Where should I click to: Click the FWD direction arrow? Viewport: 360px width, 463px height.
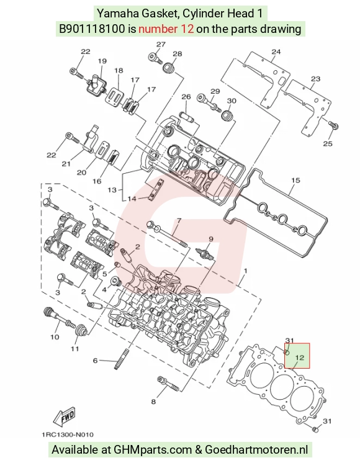(x=64, y=418)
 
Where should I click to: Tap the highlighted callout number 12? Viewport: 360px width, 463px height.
(x=299, y=357)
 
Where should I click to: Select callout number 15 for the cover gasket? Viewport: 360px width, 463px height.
(x=295, y=180)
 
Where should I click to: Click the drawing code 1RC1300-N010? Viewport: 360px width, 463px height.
(x=68, y=434)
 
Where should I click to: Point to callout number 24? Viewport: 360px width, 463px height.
(x=276, y=52)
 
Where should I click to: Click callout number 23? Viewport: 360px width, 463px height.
(x=315, y=79)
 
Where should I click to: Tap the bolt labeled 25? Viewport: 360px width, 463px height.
(x=334, y=125)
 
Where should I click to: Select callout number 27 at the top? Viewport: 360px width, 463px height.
(x=161, y=44)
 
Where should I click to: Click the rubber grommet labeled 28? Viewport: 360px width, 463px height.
(x=169, y=68)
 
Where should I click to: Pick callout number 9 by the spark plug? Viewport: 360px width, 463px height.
(x=210, y=238)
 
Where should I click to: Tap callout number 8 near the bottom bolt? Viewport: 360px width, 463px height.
(x=153, y=402)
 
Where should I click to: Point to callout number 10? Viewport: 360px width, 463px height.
(x=55, y=337)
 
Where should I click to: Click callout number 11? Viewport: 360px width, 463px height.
(x=74, y=349)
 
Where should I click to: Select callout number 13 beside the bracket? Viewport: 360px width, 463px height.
(x=112, y=189)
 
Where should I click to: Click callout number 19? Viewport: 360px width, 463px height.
(x=102, y=61)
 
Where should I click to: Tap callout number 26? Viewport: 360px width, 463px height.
(x=186, y=97)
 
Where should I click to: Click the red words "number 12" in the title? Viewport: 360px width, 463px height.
(x=166, y=29)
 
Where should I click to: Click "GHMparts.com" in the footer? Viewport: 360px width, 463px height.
(x=153, y=450)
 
